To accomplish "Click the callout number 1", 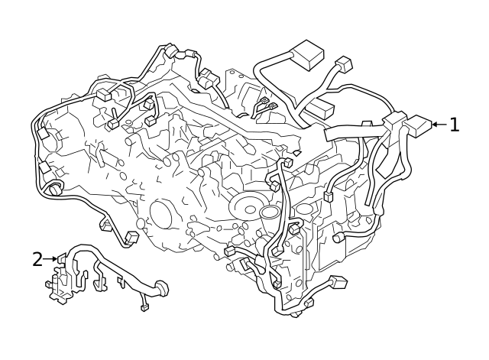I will [x=455, y=125].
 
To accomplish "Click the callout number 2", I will [x=37, y=259].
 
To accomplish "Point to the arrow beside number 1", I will [x=438, y=124].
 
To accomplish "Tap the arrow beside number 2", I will [x=51, y=259].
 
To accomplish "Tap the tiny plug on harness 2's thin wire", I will [x=144, y=308].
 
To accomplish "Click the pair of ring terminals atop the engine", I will [x=265, y=105].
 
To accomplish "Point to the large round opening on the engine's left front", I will [x=164, y=214].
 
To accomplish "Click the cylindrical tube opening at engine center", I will [x=270, y=212].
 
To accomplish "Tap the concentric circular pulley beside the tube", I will [x=248, y=205].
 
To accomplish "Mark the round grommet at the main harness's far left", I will [x=54, y=188].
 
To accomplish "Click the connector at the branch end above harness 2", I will [x=131, y=238].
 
